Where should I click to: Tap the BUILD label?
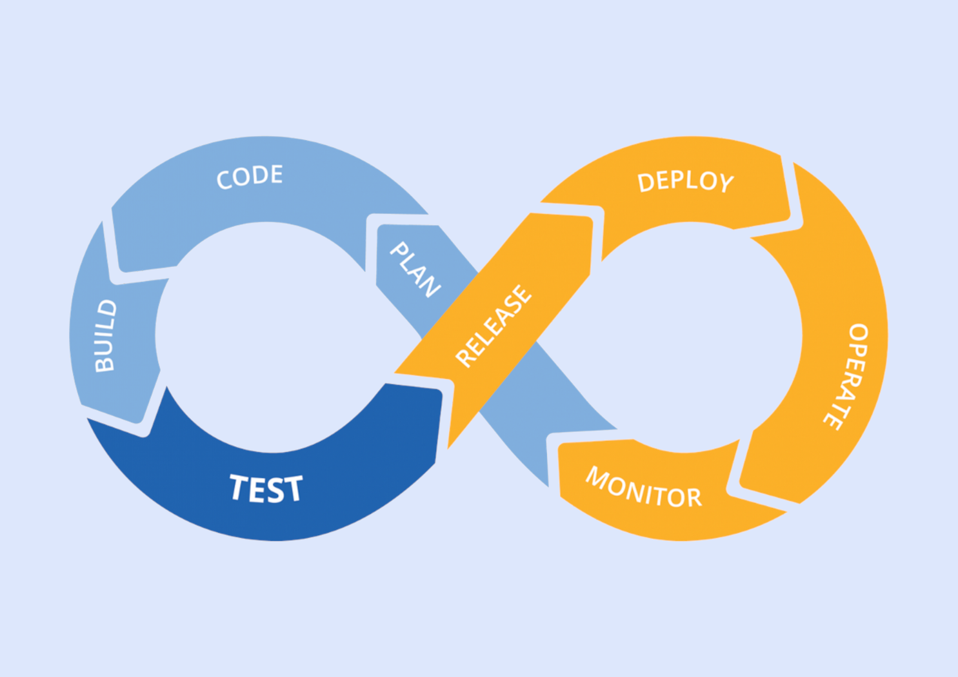(105, 336)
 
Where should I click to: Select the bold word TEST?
(266, 489)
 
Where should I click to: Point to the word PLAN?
(415, 270)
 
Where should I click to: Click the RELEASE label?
(494, 326)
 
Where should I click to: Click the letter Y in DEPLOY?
(726, 184)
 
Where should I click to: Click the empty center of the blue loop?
(268, 335)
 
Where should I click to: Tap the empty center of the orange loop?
(690, 335)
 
